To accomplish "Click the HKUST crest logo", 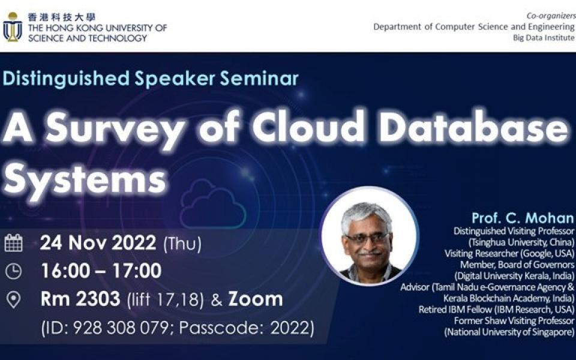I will [13, 27].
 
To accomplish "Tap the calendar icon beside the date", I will [13, 243].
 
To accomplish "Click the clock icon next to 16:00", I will [13, 271].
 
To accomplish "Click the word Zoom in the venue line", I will [255, 299].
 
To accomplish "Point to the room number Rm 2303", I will [80, 299].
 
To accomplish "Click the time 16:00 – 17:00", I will [101, 271].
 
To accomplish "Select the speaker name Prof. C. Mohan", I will [523, 218].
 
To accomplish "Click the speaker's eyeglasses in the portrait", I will [367, 238].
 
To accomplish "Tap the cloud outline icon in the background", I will [213, 204].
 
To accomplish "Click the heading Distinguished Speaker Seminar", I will [151, 79].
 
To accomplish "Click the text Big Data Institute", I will [544, 37].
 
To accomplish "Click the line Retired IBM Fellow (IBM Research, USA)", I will [496, 310].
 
